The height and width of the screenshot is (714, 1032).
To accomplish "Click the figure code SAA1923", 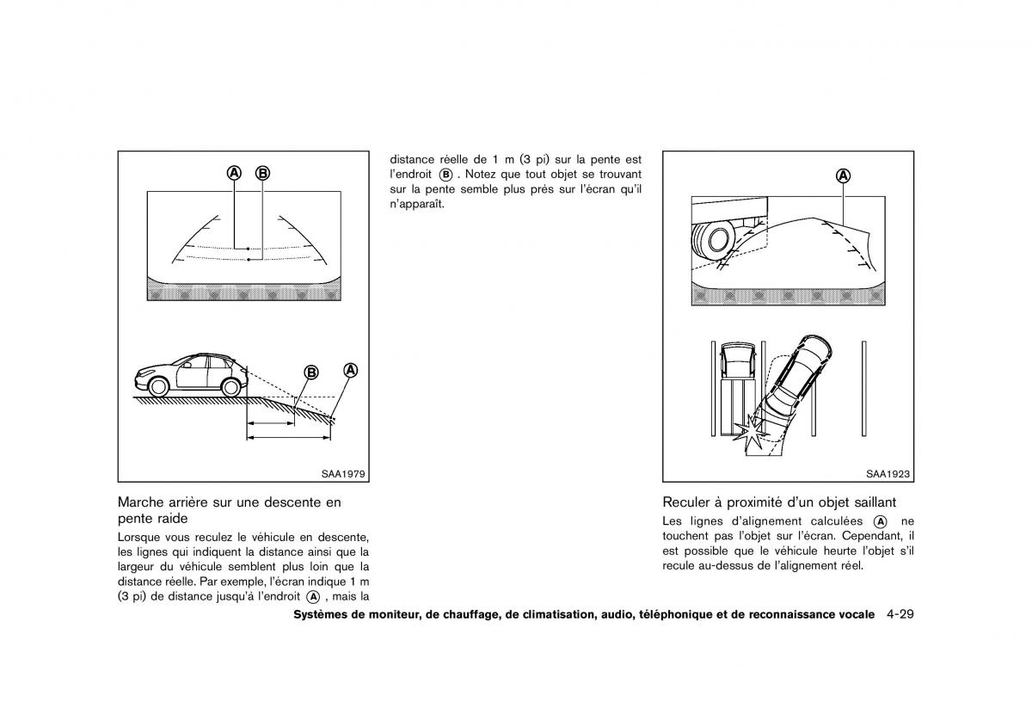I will coord(888,473).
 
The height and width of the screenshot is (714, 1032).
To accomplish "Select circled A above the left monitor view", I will coord(234,173).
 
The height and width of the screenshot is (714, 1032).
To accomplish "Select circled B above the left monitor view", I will coord(262,173).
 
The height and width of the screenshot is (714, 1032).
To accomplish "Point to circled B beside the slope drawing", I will coord(311,372).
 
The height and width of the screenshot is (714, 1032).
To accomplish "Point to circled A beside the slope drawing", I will coord(350,371).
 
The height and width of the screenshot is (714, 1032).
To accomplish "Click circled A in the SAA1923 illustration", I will coord(844,175).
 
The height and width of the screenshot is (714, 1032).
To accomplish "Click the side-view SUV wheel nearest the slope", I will coord(230,386).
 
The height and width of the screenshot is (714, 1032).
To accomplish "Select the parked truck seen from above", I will coord(739,379).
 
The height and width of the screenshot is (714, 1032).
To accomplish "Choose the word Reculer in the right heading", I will coord(687,502).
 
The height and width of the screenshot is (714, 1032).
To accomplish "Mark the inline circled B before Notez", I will coord(445,174).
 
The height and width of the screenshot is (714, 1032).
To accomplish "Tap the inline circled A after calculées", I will coord(880,522).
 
